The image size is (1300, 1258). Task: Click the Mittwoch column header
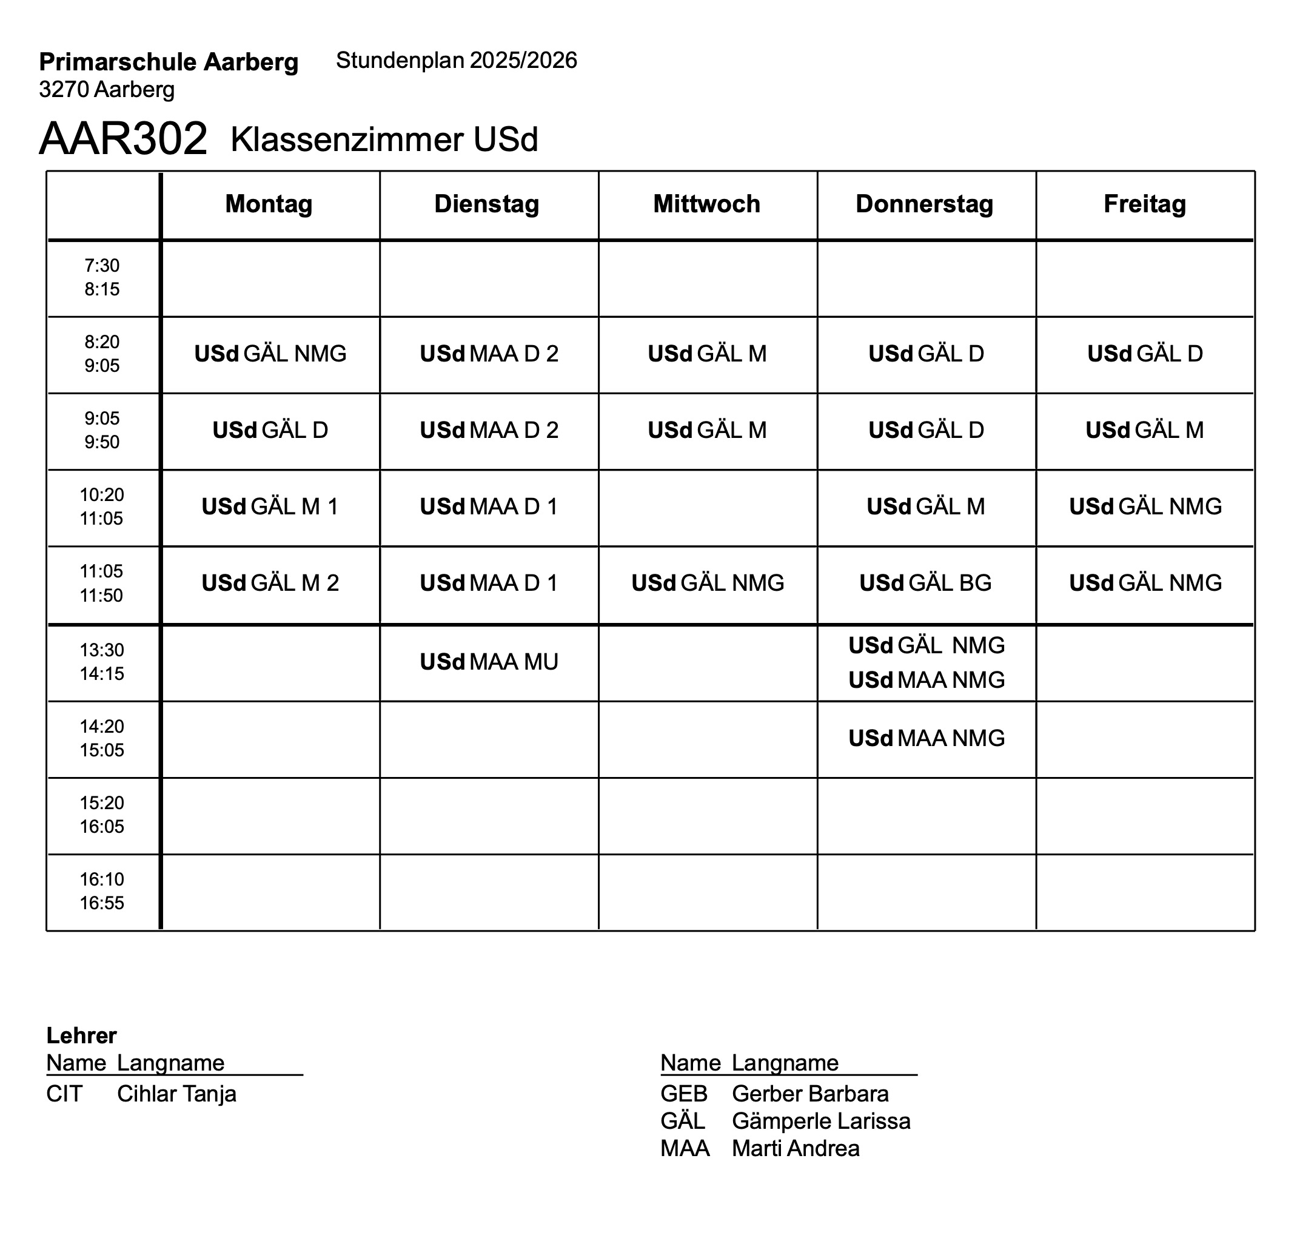706,204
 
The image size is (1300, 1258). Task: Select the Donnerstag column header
925,204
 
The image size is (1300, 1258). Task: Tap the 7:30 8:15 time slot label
102,277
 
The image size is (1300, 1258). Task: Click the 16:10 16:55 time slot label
102,891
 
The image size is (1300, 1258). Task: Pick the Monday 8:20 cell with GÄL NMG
270,354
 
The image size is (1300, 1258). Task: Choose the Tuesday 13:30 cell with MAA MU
489,662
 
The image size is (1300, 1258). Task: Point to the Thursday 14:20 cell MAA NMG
926,738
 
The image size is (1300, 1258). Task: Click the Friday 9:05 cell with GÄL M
1144,430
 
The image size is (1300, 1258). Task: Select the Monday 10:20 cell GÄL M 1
270,506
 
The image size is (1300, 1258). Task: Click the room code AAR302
123,139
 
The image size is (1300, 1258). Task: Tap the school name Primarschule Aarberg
169,62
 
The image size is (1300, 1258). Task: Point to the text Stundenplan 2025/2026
457,61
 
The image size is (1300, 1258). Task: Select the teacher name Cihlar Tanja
176,1094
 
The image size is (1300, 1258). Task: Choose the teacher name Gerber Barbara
810,1094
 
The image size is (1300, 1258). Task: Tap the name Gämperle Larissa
820,1121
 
